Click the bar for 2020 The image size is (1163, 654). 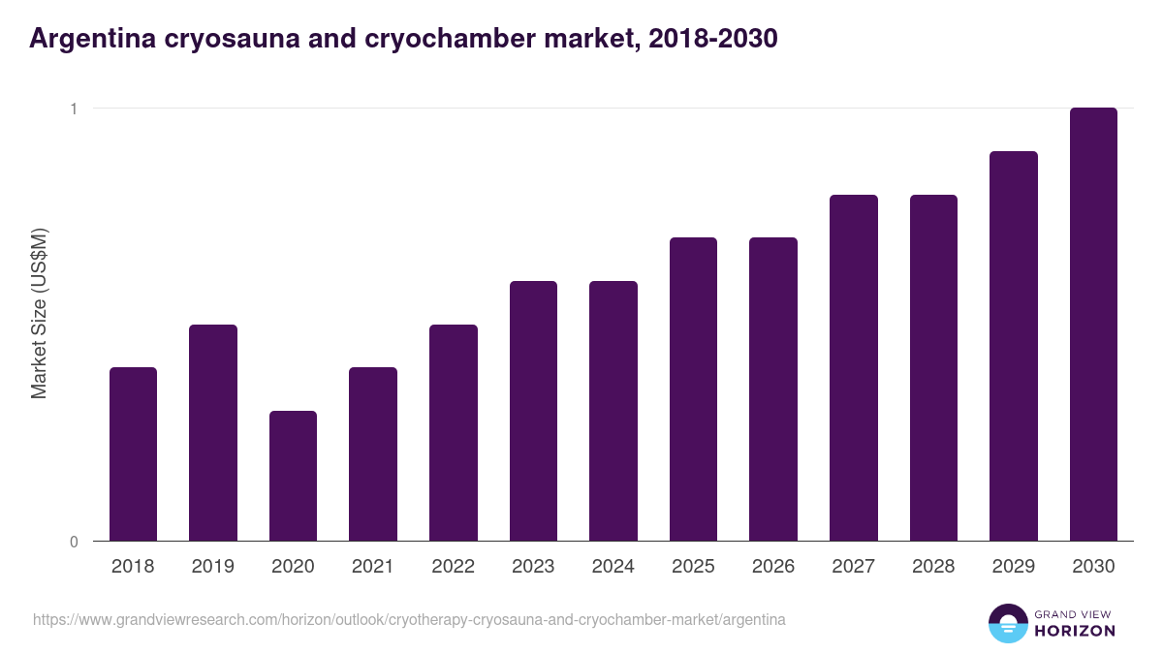coord(293,476)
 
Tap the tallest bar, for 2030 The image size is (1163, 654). coord(1093,324)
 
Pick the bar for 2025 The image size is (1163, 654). coord(693,389)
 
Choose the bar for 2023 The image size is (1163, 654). coord(533,411)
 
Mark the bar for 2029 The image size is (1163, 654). coord(1013,346)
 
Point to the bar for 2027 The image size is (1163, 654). coord(853,367)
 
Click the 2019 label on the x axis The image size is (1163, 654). coord(213,567)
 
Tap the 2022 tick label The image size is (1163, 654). coord(453,567)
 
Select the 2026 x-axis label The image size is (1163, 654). coord(773,567)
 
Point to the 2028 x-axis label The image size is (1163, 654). coord(933,567)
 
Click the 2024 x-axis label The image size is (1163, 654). coord(613,567)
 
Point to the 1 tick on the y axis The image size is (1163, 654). coord(73,109)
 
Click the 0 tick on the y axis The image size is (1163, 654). coord(73,542)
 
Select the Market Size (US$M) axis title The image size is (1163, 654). coord(39,313)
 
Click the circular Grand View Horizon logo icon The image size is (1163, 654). coord(1008,623)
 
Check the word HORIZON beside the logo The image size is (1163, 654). coord(1074,631)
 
